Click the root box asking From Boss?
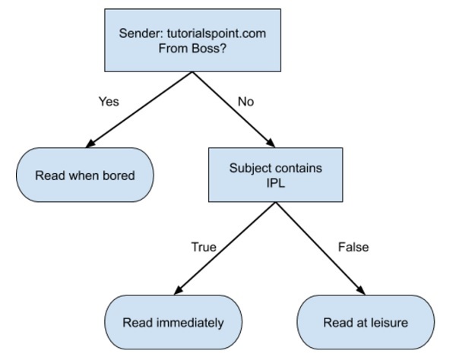pos(194,40)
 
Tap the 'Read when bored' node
pos(85,175)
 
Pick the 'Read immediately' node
pos(173,322)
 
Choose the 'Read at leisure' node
pos(366,322)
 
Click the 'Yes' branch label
pos(109,102)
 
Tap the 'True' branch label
pos(203,247)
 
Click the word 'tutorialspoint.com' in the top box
pos(219,33)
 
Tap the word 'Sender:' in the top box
pos(141,33)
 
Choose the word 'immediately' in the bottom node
pos(190,322)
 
